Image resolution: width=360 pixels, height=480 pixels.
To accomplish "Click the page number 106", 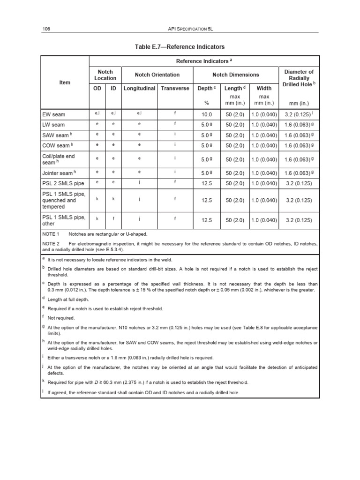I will [46, 29].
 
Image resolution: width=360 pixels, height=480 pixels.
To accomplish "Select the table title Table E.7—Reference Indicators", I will [180, 47].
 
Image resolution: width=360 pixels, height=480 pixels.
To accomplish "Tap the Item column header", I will [65, 82].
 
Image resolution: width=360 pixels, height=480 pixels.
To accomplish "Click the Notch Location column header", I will [105, 75].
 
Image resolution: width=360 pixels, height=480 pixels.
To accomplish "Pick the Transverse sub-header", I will [175, 88].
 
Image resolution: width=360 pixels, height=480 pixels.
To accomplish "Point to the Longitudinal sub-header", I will [139, 88].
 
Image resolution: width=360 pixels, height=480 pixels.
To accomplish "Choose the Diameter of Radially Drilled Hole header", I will [299, 78].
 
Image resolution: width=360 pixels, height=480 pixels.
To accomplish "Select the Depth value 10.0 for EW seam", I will [207, 114].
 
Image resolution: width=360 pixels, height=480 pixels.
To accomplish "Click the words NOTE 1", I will [51, 233].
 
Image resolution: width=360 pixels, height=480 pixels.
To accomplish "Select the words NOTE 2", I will [51, 244].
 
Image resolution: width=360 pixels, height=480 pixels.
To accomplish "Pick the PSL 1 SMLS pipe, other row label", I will [64, 219].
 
